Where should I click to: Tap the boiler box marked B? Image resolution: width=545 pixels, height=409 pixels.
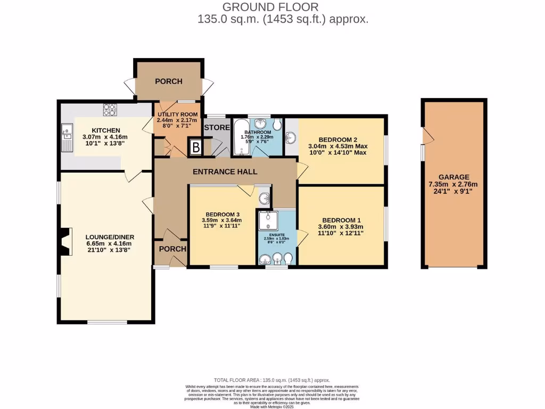tap(195, 148)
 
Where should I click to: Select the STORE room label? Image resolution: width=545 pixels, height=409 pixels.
tap(217, 128)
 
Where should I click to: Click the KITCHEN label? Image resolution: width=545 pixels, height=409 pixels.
tap(105, 130)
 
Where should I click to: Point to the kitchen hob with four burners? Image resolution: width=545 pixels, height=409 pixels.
tap(110, 109)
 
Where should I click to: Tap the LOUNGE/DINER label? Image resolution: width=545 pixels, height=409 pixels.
tap(110, 237)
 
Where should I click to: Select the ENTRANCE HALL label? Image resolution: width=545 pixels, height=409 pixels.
tap(225, 171)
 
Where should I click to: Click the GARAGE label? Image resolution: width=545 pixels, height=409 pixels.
tap(454, 177)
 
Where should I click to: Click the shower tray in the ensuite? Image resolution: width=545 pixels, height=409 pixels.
tap(268, 221)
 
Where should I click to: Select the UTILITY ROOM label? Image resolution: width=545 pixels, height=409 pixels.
tap(177, 114)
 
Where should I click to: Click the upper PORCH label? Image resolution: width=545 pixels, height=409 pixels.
tap(168, 81)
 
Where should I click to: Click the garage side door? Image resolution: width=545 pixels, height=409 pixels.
tap(426, 137)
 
